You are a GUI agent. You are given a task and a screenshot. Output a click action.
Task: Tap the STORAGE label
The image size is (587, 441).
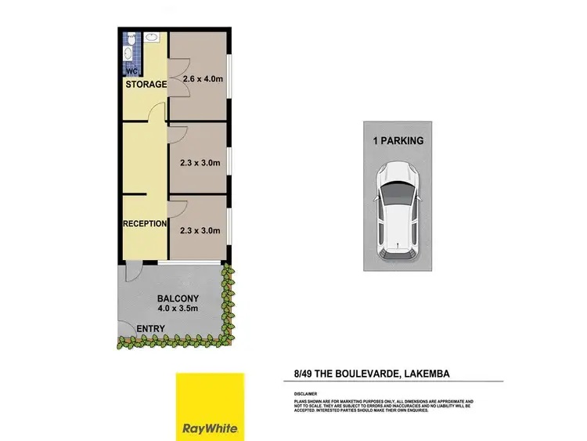pyautogui.click(x=146, y=85)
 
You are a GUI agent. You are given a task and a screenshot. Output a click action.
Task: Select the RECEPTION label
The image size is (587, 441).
pyautogui.click(x=145, y=224)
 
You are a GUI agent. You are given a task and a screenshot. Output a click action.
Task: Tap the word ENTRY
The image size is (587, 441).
pyautogui.click(x=150, y=328)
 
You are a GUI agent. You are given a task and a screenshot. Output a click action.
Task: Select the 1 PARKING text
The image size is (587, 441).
pyautogui.click(x=397, y=141)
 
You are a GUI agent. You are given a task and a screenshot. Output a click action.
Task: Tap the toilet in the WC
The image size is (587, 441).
pyautogui.click(x=129, y=38)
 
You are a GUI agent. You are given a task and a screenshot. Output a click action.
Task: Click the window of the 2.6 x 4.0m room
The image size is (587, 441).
pyautogui.click(x=228, y=77)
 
